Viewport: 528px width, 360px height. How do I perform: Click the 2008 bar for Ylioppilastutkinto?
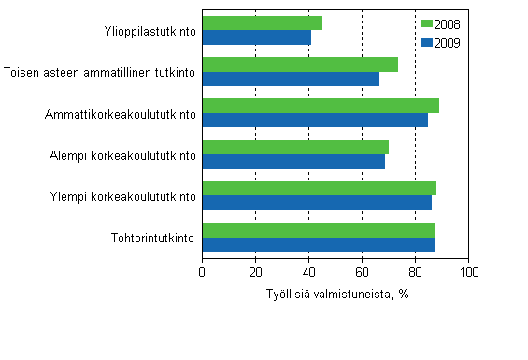262,22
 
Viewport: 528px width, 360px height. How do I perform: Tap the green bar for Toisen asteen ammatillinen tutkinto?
299,65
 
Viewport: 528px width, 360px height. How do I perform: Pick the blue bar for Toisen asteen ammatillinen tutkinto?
290,79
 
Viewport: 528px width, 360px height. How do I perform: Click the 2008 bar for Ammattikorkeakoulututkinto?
320,106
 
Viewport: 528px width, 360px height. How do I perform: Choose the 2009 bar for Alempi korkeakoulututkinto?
293,162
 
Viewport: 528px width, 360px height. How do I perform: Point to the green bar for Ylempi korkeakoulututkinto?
319,188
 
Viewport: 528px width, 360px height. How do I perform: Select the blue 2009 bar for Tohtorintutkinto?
318,244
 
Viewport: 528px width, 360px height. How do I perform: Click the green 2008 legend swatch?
427,24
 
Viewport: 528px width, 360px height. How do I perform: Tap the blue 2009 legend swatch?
427,42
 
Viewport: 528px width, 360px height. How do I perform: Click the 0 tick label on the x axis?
203,271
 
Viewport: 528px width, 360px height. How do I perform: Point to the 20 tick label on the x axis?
255,271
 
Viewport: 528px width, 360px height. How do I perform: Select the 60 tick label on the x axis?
362,271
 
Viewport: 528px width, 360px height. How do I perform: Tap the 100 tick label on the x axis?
467,271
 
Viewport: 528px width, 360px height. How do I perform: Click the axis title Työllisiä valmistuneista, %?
335,293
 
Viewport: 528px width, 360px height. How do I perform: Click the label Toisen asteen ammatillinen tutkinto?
100,72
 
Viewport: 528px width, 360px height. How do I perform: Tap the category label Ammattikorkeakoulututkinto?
121,114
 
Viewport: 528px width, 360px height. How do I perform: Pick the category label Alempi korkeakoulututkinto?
122,155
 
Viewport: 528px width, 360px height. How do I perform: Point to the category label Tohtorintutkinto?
152,238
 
